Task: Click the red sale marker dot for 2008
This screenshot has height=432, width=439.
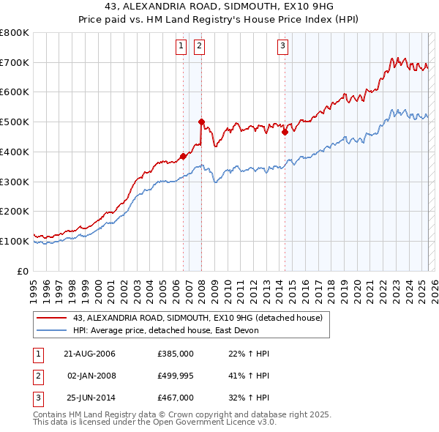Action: (x=201, y=122)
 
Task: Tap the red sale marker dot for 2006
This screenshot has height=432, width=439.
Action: (x=183, y=155)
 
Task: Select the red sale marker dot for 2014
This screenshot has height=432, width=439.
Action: (x=285, y=132)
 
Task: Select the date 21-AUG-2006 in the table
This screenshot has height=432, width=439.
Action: (x=90, y=354)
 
